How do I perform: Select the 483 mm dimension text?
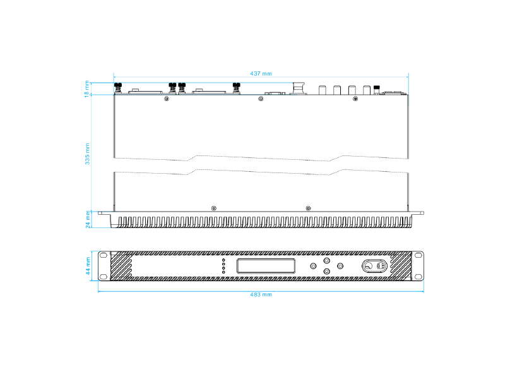point(261,294)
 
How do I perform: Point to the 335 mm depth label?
point(88,154)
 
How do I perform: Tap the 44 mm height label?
point(88,266)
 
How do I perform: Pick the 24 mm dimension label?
point(88,219)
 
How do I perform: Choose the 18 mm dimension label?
point(88,88)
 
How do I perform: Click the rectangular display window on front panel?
point(266,266)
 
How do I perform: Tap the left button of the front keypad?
point(314,266)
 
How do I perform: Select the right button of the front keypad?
point(340,266)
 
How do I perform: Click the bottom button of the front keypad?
point(327,272)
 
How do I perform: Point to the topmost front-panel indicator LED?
point(223,260)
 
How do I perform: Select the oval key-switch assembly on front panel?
point(374,266)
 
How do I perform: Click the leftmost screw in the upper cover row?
point(167,99)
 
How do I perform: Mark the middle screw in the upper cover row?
point(261,99)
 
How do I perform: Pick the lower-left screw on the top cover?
point(214,208)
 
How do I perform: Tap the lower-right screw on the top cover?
point(308,208)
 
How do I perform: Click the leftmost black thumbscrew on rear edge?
point(118,87)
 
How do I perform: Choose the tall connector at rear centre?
point(298,88)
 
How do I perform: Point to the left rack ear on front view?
point(104,266)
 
